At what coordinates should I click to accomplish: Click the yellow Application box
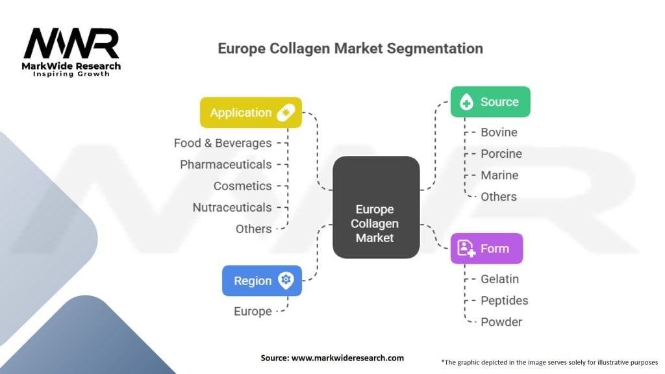[251, 112]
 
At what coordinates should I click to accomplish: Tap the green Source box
[490, 102]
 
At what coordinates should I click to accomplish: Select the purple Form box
[486, 249]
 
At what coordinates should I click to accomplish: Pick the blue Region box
[262, 280]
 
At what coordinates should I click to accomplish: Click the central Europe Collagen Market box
[375, 207]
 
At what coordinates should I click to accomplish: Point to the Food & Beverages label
[223, 143]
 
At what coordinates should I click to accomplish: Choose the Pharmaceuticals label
[226, 164]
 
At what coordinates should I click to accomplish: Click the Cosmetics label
[243, 186]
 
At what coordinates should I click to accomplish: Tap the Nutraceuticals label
[232, 207]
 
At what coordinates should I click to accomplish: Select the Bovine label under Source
[499, 132]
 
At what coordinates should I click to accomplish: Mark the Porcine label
[501, 154]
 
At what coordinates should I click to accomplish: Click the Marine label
[499, 175]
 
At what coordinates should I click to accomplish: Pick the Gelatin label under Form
[499, 279]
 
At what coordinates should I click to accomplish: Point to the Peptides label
[504, 301]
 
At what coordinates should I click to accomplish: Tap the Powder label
[501, 322]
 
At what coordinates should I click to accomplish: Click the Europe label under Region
[253, 311]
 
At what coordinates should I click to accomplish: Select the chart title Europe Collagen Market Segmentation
[350, 49]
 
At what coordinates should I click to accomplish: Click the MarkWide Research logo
[72, 52]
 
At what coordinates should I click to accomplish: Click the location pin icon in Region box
[284, 280]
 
